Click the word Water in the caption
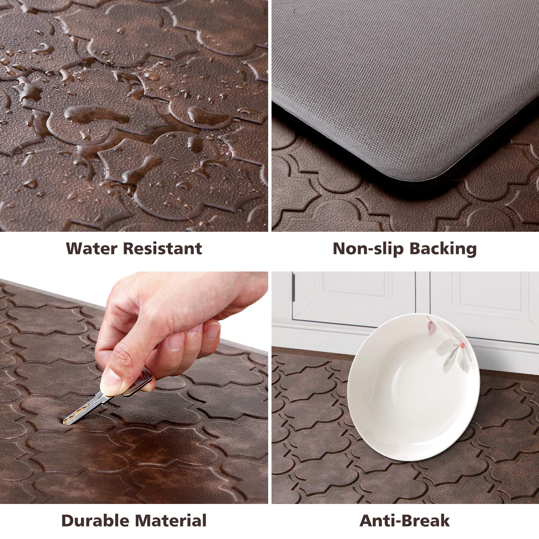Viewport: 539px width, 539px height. [92, 249]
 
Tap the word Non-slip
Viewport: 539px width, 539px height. [368, 249]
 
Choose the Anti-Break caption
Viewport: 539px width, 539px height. [404, 520]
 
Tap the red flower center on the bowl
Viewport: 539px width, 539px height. [462, 345]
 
